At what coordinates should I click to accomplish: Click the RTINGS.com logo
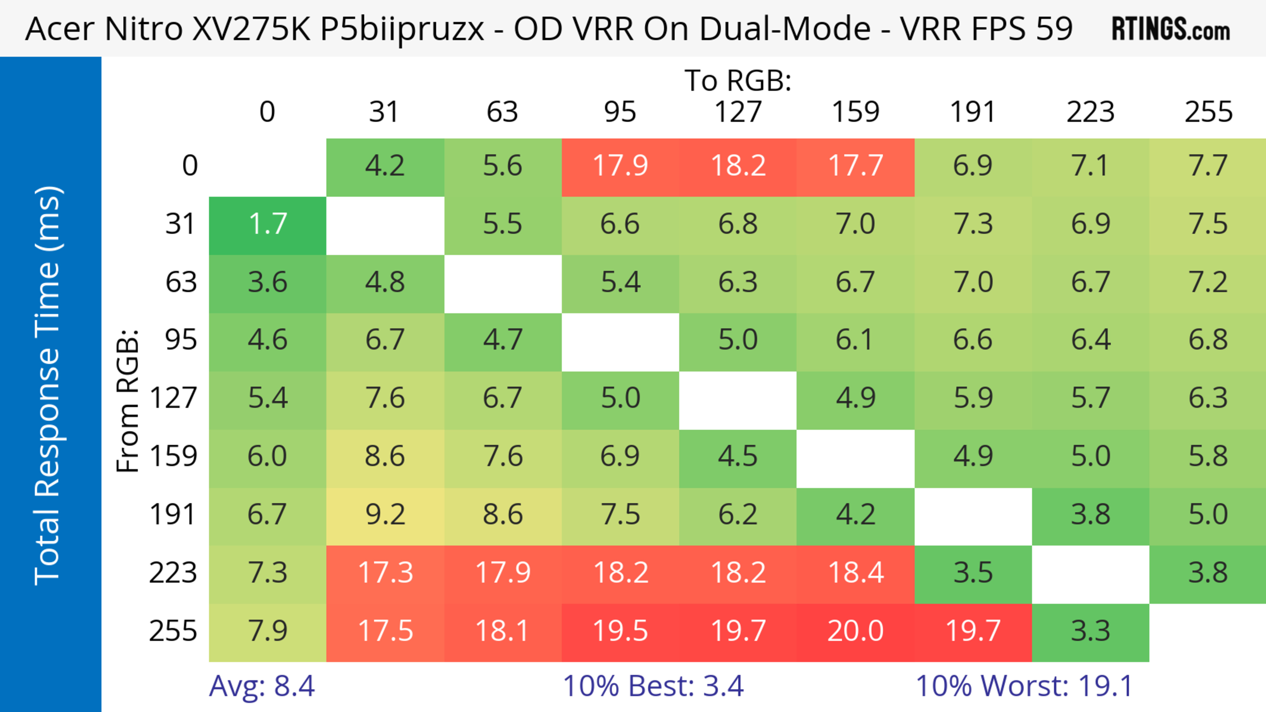[x=1170, y=29]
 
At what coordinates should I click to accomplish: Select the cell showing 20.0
[x=855, y=631]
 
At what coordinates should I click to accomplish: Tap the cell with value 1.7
[x=267, y=224]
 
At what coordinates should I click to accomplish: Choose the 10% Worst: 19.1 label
[x=1024, y=686]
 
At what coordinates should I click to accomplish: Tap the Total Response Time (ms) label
[x=48, y=385]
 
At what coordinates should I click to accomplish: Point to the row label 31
[x=180, y=224]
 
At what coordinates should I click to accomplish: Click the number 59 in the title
[x=1054, y=28]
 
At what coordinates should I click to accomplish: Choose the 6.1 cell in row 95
[x=855, y=340]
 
